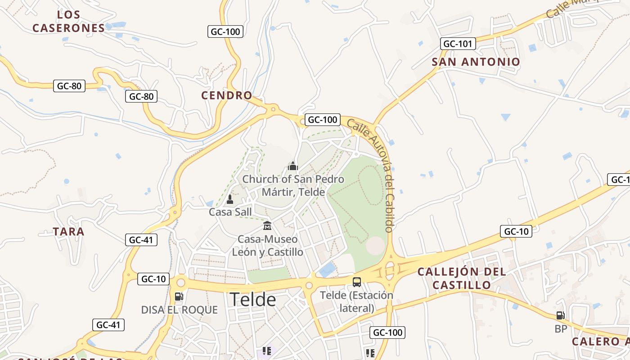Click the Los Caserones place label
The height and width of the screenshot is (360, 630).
[x=68, y=21]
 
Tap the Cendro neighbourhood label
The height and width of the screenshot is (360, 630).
[x=226, y=95]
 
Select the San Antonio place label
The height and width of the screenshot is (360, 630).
[x=476, y=62]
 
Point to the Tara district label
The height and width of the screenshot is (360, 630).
[x=68, y=232]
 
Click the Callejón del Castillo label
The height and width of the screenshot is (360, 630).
[x=461, y=279]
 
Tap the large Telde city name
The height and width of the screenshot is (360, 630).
[x=252, y=300]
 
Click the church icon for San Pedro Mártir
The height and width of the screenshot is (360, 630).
[x=293, y=166]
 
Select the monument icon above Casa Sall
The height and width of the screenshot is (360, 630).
[x=230, y=199]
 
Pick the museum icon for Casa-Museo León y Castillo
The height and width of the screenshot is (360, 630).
[x=267, y=225]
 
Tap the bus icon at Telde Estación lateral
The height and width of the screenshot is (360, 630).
[x=356, y=282]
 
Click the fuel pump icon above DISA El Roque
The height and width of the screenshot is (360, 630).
[x=179, y=297]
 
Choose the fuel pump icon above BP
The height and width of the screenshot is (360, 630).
[x=560, y=315]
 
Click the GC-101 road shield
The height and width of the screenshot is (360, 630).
[x=458, y=44]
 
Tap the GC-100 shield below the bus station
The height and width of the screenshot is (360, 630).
[x=387, y=333]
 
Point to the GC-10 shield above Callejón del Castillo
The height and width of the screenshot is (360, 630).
[x=516, y=232]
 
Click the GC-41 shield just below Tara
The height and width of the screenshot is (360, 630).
[x=141, y=240]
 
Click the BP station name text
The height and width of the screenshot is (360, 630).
[x=561, y=329]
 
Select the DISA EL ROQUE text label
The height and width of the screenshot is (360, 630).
[x=179, y=310]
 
